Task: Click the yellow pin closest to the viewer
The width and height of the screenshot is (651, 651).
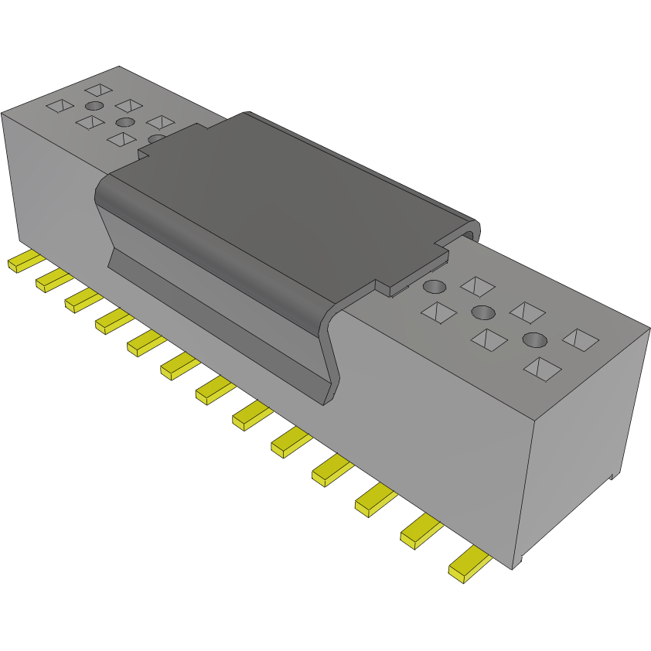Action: pos(468,565)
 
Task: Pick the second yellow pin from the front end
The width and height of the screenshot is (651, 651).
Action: pos(421,531)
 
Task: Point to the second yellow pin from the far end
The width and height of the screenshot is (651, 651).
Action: pos(53,280)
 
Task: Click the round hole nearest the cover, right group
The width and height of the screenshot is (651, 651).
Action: pos(435,287)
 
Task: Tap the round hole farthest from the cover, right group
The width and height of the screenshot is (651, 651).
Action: pos(535,339)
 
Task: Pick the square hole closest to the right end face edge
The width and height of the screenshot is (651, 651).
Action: pos(581,338)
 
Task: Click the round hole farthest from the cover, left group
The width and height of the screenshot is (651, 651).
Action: pos(94,106)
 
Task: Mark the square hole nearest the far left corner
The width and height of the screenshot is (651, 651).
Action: pos(59,106)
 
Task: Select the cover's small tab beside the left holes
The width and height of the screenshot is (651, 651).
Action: pos(144,153)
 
